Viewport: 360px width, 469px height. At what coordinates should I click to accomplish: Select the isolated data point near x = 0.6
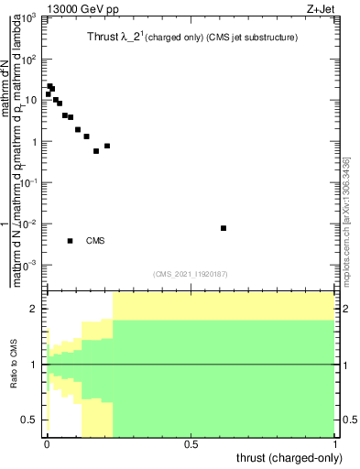(224, 228)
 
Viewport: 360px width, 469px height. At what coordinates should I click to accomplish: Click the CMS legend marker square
(71, 241)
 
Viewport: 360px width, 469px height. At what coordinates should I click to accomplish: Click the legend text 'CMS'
(95, 241)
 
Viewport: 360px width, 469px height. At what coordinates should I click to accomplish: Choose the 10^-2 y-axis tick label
(28, 224)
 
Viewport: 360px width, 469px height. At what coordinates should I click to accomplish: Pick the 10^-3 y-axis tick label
(28, 266)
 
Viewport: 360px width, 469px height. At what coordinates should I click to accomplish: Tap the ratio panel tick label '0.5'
(30, 420)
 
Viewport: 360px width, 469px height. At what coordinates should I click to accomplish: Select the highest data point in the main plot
(49, 86)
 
